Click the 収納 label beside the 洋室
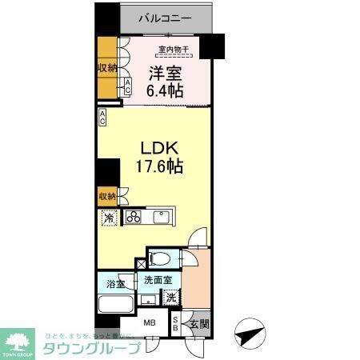click(x=107, y=68)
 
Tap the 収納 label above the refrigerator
click(x=106, y=196)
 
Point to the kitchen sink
click(x=162, y=216)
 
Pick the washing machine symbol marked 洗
click(x=171, y=298)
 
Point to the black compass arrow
click(x=250, y=330)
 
